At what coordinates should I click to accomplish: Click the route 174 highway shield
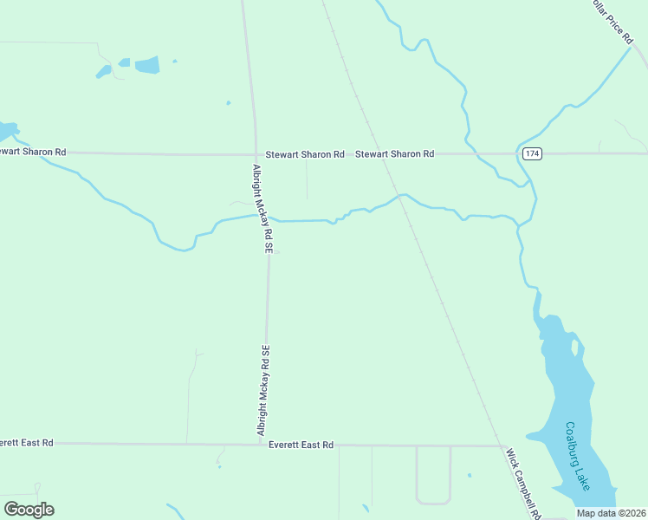tap(532, 153)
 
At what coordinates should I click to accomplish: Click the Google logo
tap(29, 510)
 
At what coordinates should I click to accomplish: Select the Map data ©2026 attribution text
tap(610, 513)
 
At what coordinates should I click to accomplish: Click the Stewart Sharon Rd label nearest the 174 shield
tap(395, 153)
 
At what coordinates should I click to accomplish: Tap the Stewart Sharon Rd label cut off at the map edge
tap(33, 152)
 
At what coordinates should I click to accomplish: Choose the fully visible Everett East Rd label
tap(301, 445)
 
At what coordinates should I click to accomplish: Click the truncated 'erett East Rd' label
tap(26, 443)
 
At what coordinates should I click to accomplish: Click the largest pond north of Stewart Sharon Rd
tap(147, 64)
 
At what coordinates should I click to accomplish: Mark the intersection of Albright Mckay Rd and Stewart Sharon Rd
tap(256, 153)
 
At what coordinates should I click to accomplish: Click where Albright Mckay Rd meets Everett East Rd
tap(262, 444)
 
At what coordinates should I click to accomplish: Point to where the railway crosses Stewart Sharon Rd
tap(380, 153)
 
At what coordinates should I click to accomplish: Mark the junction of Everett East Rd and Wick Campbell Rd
tap(502, 446)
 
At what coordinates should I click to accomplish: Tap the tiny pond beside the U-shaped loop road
tap(469, 475)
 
